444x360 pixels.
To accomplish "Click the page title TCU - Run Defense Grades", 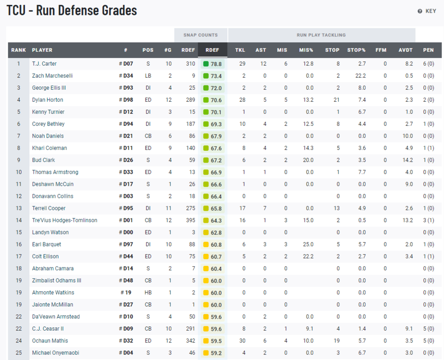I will coord(72,11).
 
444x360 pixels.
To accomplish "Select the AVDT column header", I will coord(405,50).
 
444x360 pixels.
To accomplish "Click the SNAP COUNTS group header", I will coord(200,35).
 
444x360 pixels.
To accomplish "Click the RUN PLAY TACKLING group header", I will coord(321,35).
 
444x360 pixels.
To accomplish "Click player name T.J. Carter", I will coord(44,64).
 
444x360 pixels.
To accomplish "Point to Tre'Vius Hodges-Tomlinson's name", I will coord(64,220).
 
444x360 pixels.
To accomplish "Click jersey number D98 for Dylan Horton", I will coord(128,100).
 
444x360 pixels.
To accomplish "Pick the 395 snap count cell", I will coord(190,220).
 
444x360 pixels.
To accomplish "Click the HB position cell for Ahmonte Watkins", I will coord(148,292).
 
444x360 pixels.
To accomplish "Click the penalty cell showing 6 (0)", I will coord(428,64).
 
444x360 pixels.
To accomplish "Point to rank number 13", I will coord(19,208).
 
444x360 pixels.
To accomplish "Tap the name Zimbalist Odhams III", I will coord(57,280).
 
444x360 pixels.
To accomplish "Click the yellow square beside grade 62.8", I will coord(206,232).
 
